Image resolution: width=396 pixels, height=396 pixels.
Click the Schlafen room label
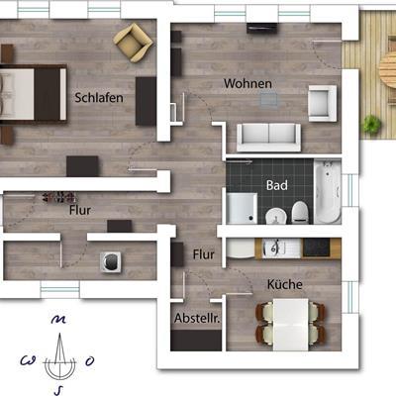(99, 98)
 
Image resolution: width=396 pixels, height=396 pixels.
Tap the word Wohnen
(247, 83)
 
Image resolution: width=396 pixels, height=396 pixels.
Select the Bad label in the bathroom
(277, 185)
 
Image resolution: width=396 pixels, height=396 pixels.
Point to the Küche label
(285, 284)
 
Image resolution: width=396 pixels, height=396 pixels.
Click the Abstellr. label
(197, 318)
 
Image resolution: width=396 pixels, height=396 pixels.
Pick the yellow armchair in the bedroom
(133, 43)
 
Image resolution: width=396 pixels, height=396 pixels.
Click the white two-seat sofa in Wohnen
(268, 138)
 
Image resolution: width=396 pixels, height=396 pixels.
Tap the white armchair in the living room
(323, 103)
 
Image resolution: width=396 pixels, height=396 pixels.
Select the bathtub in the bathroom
(328, 191)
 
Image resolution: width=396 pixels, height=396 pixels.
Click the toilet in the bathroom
(300, 213)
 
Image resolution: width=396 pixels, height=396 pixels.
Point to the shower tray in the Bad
(242, 208)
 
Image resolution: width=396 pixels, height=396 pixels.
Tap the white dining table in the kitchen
(291, 325)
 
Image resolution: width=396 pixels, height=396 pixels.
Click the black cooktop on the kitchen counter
(317, 247)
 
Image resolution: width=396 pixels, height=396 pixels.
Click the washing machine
(111, 262)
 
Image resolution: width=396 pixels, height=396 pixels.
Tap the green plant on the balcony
(372, 125)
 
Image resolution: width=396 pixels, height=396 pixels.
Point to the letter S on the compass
(56, 391)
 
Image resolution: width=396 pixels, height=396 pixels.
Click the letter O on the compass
(90, 361)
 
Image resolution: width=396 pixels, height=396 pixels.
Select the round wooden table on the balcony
(388, 71)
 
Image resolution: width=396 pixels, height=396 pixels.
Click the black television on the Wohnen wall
(262, 28)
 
